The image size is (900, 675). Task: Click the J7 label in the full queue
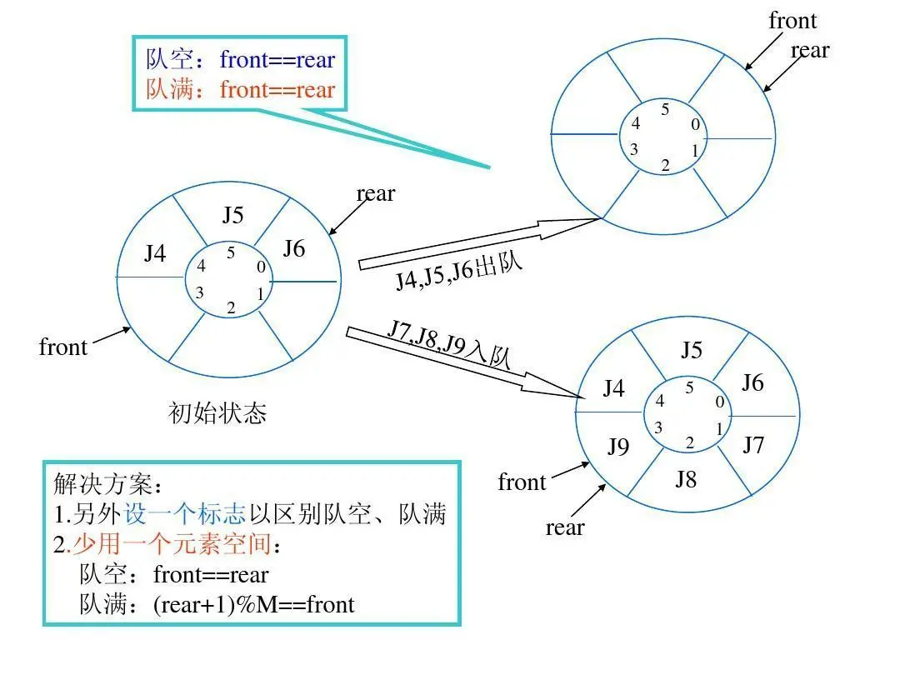pyautogui.click(x=753, y=445)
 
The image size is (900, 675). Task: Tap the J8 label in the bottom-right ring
pyautogui.click(x=686, y=479)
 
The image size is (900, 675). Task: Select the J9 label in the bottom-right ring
pyautogui.click(x=617, y=447)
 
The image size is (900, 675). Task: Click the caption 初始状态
pyautogui.click(x=217, y=413)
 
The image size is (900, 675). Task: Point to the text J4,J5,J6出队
pyautogui.click(x=459, y=272)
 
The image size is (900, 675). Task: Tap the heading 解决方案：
pyautogui.click(x=104, y=484)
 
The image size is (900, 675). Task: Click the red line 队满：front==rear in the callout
pyautogui.click(x=241, y=89)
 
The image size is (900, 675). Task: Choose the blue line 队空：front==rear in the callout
pyautogui.click(x=241, y=59)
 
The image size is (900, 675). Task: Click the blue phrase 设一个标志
pyautogui.click(x=185, y=514)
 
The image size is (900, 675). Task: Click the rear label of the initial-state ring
pyautogui.click(x=376, y=193)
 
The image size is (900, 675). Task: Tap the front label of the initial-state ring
pyautogui.click(x=63, y=347)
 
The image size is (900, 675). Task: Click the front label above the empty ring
pyautogui.click(x=792, y=21)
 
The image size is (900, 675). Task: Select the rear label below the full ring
pyautogui.click(x=565, y=527)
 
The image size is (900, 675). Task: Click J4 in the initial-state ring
pyautogui.click(x=155, y=252)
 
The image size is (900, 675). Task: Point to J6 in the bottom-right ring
pyautogui.click(x=752, y=382)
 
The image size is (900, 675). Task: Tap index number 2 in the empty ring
pyautogui.click(x=665, y=164)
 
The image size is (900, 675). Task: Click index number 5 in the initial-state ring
pyautogui.click(x=231, y=252)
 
